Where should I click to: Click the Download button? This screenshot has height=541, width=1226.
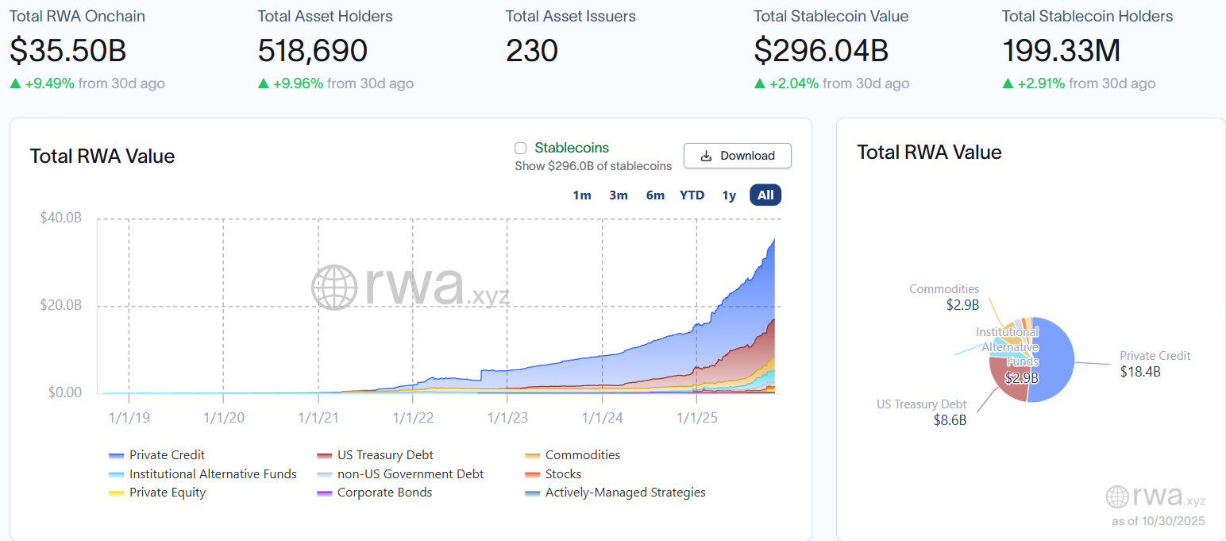[x=737, y=156]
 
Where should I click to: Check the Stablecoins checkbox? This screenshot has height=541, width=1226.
[x=521, y=148]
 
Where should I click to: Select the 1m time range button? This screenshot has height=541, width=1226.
[x=582, y=195]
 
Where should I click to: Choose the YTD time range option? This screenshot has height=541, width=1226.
[x=692, y=195]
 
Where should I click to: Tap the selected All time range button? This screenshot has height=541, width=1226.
[x=765, y=195]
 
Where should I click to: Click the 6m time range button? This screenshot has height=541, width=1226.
[x=655, y=195]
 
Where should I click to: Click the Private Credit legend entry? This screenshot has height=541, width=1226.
[x=167, y=455]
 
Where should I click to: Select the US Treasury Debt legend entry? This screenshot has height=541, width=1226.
[x=385, y=455]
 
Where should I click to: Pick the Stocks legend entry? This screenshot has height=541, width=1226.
[x=563, y=474]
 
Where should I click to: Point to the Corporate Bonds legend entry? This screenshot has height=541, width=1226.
[x=384, y=493]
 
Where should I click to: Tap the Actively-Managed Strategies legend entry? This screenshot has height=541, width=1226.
[x=625, y=493]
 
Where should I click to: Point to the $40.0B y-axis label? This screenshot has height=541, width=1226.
[x=61, y=218]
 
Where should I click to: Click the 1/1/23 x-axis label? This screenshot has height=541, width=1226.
[x=507, y=417]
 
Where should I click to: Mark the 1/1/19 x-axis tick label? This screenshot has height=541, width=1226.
[x=129, y=417]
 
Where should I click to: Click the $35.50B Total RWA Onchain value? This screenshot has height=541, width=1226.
[x=68, y=51]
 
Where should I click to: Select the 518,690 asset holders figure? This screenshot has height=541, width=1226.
[x=312, y=51]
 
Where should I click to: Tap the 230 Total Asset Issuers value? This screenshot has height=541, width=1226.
[x=532, y=51]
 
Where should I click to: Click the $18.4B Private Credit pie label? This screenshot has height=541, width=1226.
[x=1140, y=371]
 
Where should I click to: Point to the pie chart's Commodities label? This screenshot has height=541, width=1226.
[x=944, y=289]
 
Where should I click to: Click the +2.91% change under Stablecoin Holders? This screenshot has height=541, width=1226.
[x=1041, y=83]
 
